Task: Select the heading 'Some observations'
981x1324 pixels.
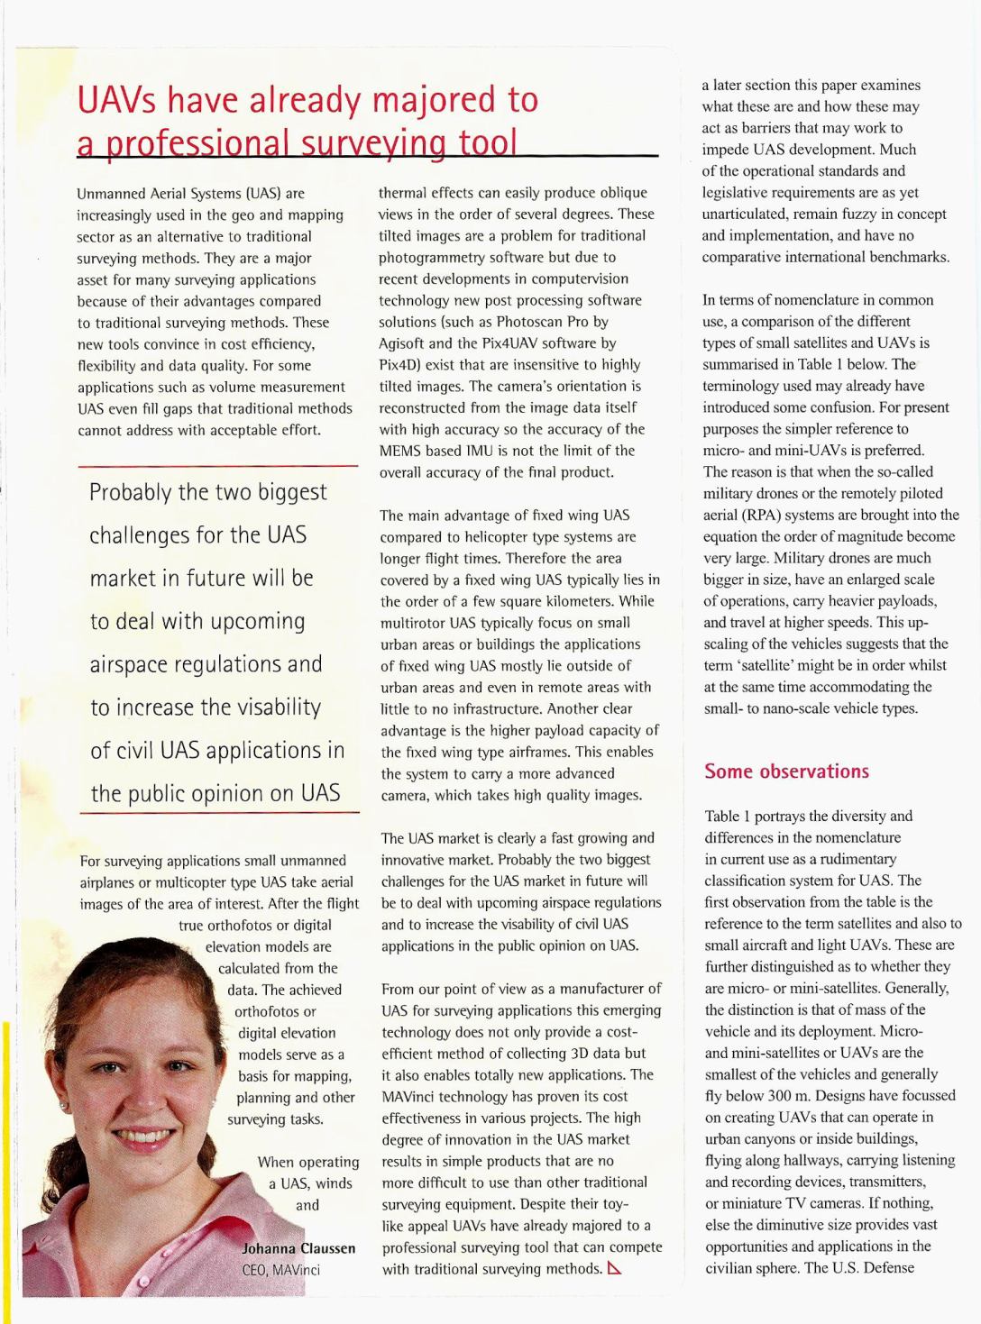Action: [786, 772]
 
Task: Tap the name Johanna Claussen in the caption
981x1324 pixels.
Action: [298, 1248]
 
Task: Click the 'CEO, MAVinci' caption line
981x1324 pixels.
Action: [280, 1270]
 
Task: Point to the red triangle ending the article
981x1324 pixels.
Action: [615, 1269]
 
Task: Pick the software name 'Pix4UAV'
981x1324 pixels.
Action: [524, 343]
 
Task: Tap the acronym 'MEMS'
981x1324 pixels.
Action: [399, 451]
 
